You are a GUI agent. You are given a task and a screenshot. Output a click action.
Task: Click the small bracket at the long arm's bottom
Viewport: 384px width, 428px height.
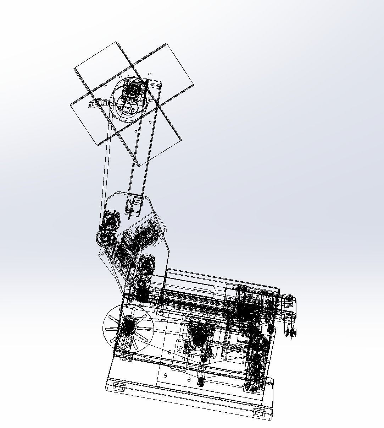coord(133,206)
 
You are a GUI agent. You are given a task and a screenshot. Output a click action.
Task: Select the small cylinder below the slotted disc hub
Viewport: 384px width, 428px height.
coord(124,345)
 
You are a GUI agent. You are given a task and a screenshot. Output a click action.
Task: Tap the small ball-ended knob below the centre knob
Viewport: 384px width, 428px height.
coord(201,382)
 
